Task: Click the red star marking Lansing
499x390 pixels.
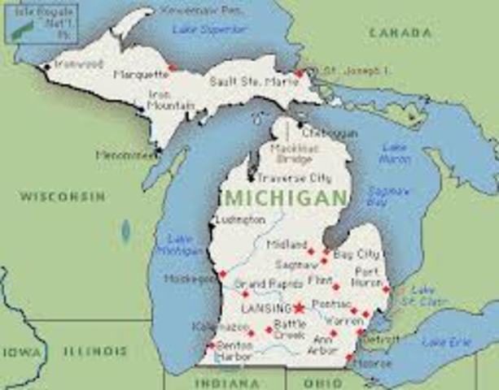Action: coord(299,308)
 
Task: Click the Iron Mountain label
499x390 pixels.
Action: coord(170,100)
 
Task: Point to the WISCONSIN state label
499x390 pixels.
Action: coord(63,197)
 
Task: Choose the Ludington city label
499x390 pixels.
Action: coord(240,219)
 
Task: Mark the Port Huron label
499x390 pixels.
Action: coord(366,276)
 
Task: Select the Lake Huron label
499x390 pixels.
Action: coord(393,154)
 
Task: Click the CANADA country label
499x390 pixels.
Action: coord(400,33)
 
